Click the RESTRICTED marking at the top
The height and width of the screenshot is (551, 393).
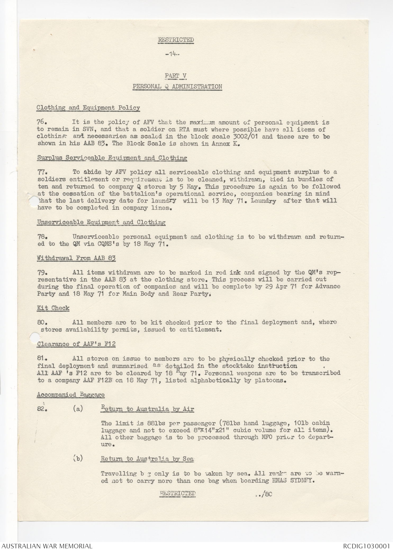pos(176,40)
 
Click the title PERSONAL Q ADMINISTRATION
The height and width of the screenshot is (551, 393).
pos(177,87)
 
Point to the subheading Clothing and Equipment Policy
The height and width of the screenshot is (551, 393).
pos(88,108)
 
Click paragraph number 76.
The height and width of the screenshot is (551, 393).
pos(42,123)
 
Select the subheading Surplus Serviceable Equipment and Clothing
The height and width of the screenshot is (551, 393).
pos(112,158)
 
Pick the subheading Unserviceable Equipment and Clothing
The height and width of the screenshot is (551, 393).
pos(101,222)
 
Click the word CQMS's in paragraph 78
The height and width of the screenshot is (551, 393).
pos(107,244)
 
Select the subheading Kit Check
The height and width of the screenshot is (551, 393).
pos(53,308)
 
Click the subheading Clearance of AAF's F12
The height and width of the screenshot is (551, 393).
pos(76,344)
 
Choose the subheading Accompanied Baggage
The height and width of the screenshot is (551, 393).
pos(71,395)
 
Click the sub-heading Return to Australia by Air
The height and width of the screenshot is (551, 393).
pos(147,409)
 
